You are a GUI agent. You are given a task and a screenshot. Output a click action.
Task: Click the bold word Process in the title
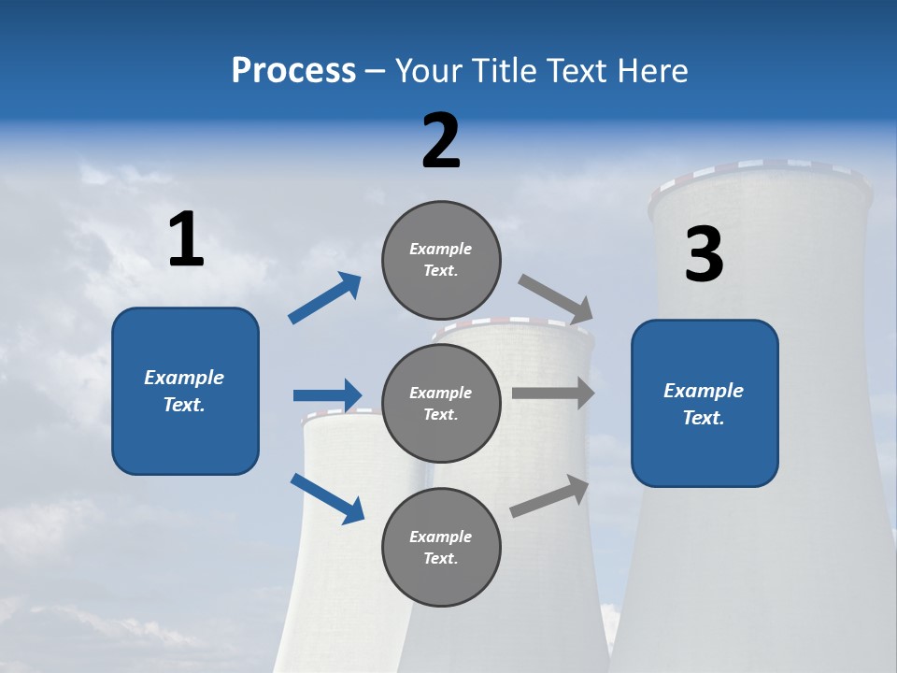[293, 71]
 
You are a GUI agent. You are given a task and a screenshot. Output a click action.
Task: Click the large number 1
[186, 240]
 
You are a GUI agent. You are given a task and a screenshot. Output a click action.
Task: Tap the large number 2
[441, 141]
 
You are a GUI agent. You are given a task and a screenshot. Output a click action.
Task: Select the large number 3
[704, 255]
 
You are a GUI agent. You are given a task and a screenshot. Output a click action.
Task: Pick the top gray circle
[441, 260]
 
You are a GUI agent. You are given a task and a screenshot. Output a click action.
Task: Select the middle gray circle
[441, 404]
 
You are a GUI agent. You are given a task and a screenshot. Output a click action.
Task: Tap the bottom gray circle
[441, 548]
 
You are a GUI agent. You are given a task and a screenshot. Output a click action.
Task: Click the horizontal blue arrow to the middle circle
[327, 395]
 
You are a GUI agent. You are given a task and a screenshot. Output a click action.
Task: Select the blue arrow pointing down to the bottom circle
[327, 497]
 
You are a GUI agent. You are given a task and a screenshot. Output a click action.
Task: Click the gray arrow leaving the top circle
[556, 300]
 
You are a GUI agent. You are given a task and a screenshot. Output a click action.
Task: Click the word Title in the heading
[505, 71]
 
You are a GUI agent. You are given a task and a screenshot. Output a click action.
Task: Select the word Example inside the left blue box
[184, 378]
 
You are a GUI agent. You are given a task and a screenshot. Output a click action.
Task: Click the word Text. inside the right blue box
[704, 418]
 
